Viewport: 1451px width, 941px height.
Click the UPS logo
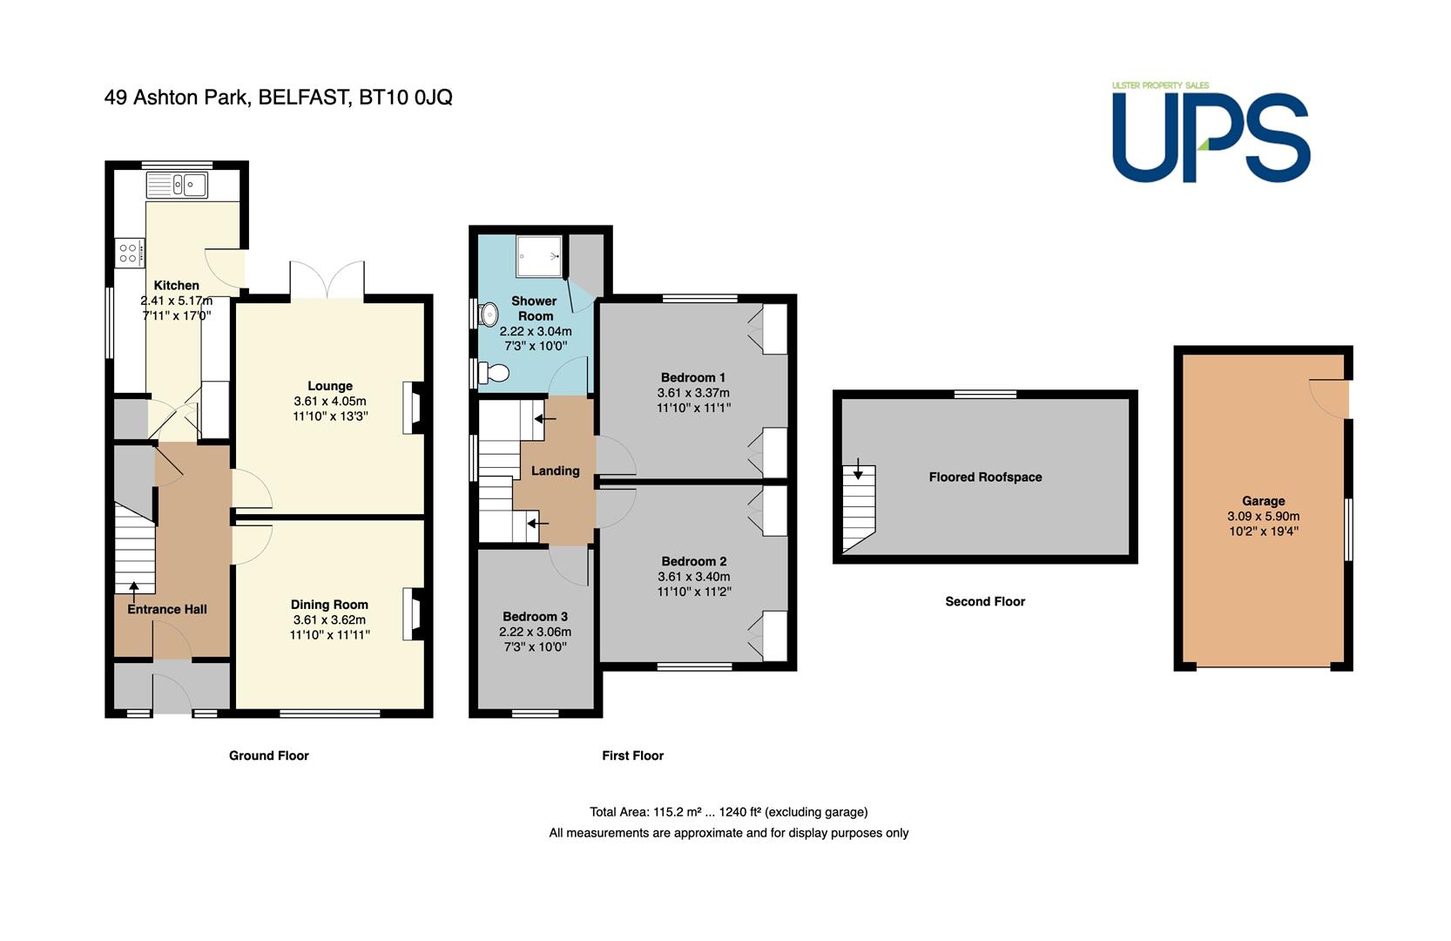point(1211,132)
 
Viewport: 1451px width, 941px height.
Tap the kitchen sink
point(177,186)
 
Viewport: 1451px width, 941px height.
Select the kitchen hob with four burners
point(130,254)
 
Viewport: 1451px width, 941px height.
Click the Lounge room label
point(330,386)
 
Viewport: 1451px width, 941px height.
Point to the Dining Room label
point(329,605)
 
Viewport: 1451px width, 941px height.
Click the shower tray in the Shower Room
point(539,256)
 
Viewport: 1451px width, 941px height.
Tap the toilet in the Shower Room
point(494,373)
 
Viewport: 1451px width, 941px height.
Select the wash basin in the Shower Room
point(489,315)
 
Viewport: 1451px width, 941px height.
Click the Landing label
point(555,471)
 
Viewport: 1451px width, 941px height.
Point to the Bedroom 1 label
point(693,378)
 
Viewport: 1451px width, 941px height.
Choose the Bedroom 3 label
point(535,617)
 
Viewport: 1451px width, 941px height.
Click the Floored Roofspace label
point(985,477)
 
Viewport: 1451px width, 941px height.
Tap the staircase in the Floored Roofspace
point(859,510)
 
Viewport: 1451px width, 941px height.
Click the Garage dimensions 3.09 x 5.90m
point(1263,517)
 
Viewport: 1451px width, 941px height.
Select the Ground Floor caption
point(269,755)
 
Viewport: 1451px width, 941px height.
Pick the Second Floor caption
point(985,601)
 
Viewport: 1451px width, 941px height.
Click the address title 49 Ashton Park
point(177,98)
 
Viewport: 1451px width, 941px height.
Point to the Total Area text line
point(729,812)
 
